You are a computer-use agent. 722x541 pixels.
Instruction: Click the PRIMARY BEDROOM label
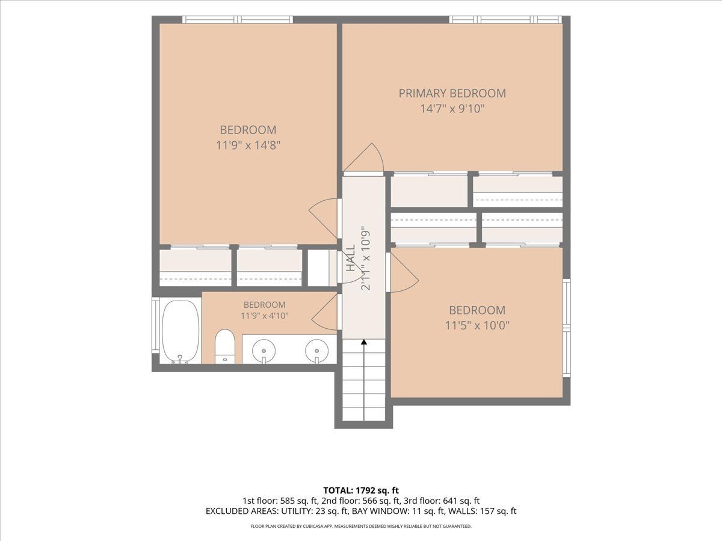pos(452,93)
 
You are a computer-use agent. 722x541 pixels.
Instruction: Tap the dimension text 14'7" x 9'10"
pos(452,108)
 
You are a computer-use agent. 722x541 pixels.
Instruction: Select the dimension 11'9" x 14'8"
pos(248,145)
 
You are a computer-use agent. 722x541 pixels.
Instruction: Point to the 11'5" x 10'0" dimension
pos(477,326)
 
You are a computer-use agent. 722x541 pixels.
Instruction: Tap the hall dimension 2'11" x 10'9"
pos(366,258)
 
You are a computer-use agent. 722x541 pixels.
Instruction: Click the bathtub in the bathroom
pos(180,331)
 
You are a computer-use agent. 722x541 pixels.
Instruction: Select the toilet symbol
pos(224,347)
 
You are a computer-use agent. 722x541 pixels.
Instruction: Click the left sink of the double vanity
pos(264,351)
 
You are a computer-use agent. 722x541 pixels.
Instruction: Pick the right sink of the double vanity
pos(316,351)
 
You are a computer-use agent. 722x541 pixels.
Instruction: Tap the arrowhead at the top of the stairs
pos(364,342)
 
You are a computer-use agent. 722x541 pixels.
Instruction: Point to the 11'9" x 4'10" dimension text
pos(265,316)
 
